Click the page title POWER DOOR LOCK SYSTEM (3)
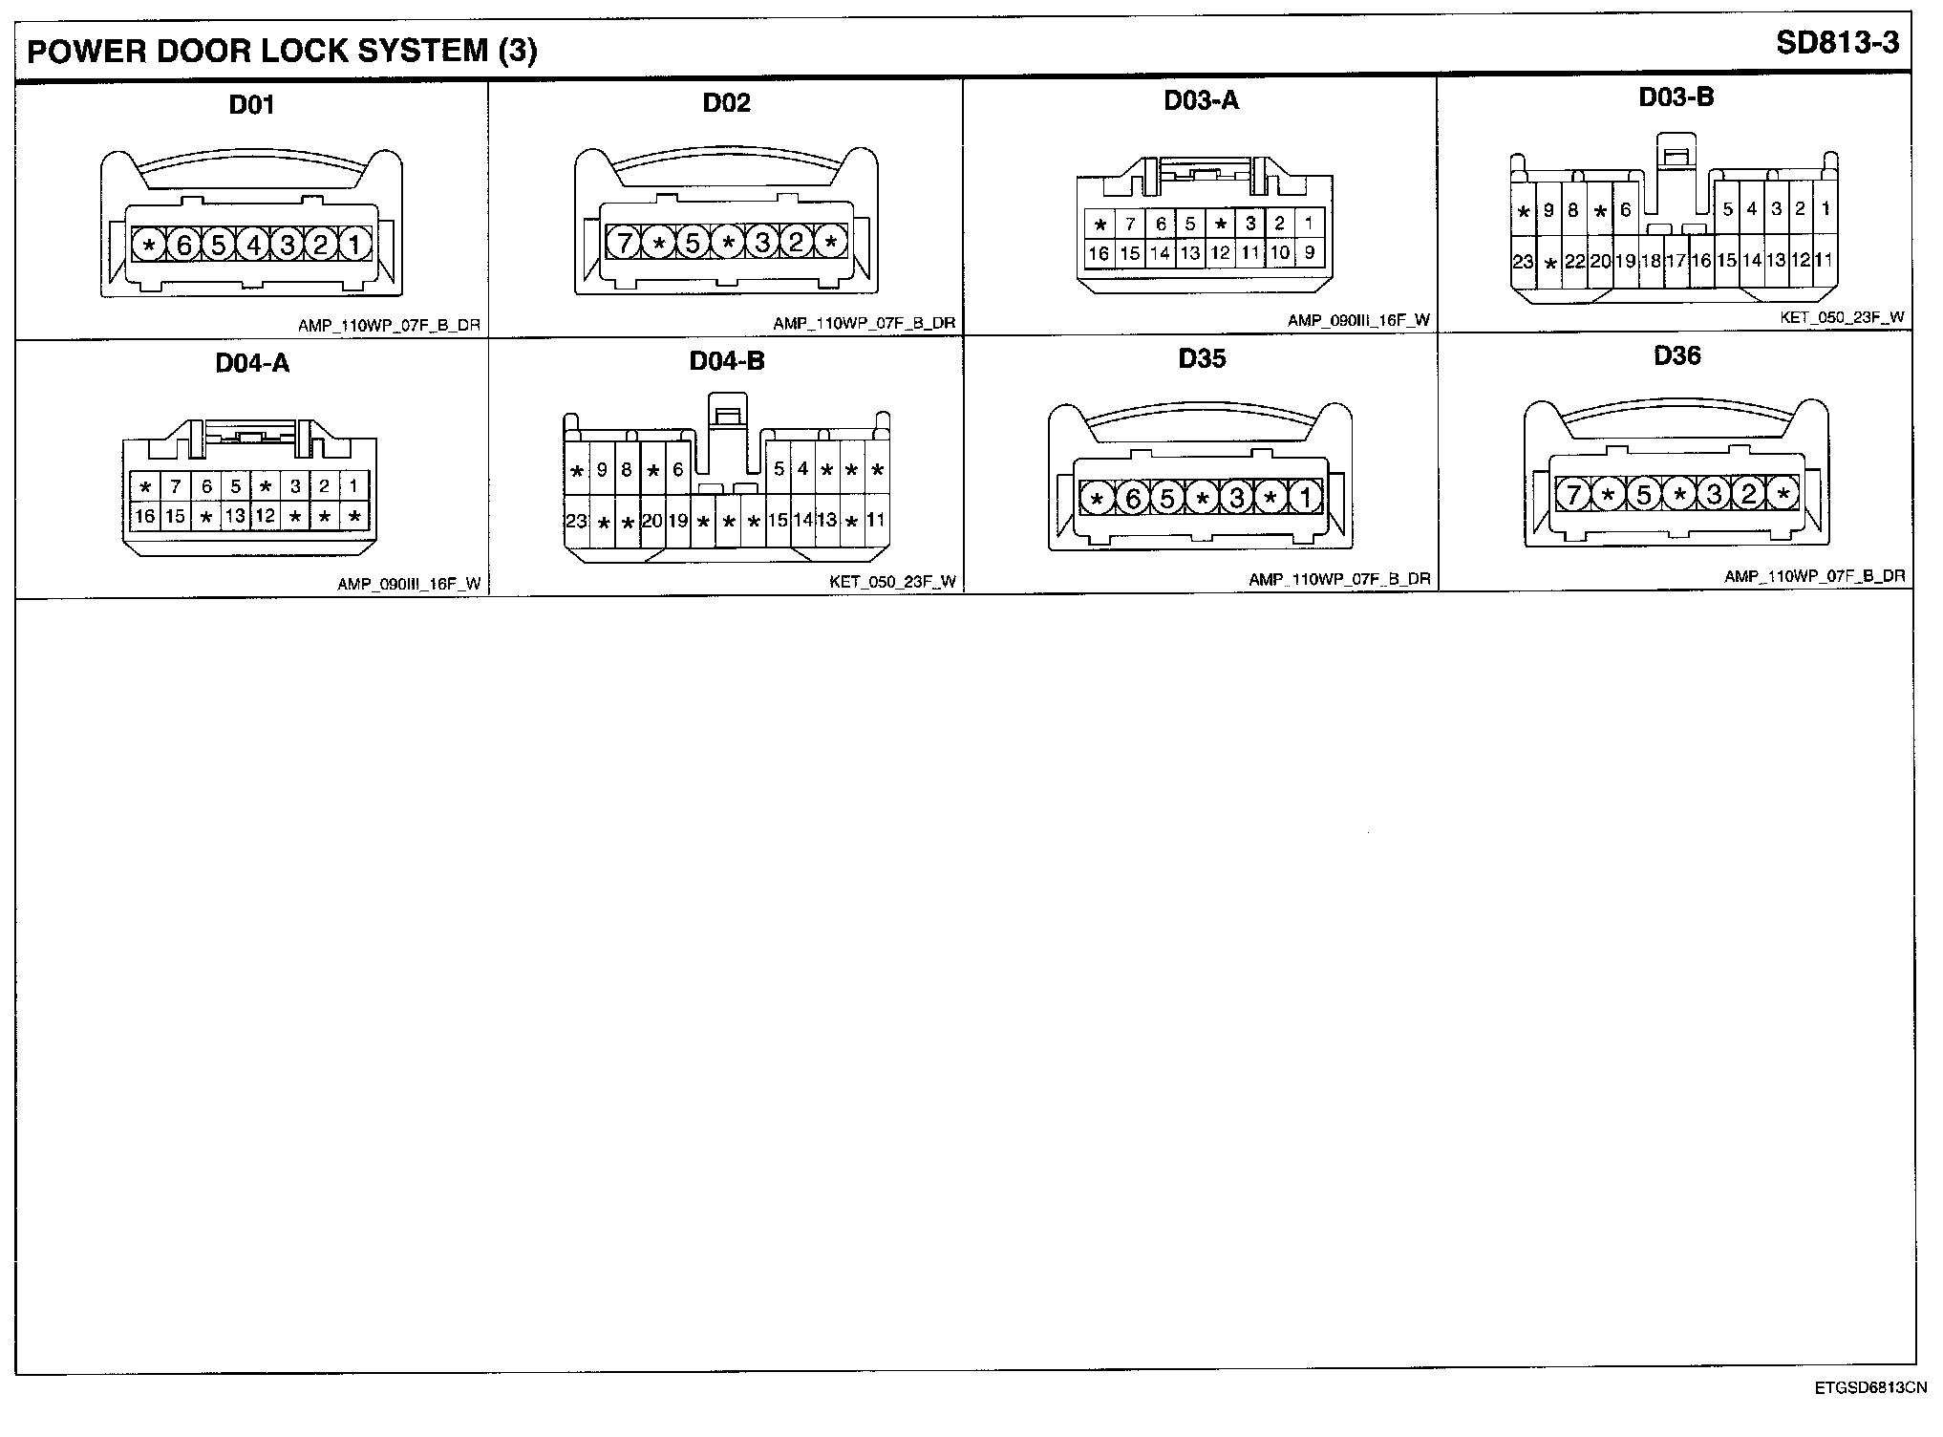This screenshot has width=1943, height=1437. click(282, 51)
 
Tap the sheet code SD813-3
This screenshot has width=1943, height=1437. click(1837, 43)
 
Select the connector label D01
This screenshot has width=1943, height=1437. click(252, 103)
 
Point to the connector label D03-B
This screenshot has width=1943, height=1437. click(1676, 97)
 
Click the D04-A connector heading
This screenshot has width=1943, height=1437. click(252, 363)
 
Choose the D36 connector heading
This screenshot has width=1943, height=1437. click(1676, 356)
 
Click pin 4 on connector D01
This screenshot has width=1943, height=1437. click(252, 246)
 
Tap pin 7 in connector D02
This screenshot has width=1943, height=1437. click(624, 244)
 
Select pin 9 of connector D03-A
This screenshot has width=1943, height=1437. click(1309, 253)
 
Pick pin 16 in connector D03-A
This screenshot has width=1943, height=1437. click(1099, 253)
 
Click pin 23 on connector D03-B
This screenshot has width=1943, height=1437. click(1523, 260)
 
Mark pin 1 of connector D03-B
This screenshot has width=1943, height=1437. click(1825, 209)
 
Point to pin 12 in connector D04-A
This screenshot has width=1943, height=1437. click(265, 516)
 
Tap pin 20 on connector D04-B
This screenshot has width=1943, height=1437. click(651, 521)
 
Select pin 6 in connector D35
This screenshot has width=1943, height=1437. click(1132, 498)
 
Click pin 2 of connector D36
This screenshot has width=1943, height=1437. click(1748, 494)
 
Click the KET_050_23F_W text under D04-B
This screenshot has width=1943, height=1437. click(892, 582)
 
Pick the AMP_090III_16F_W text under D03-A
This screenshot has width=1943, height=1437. click(1358, 321)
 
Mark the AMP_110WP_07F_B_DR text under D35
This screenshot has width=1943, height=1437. click(1339, 580)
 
